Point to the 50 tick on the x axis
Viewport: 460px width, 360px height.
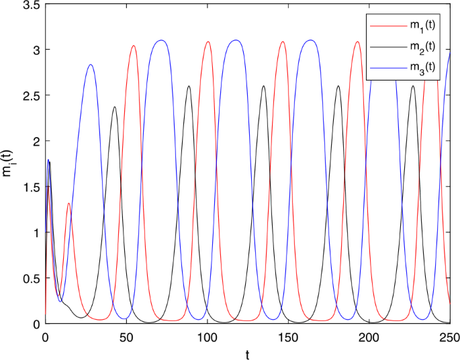coord(126,335)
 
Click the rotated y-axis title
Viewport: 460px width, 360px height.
coord(8,164)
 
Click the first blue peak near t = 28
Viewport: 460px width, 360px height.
coord(91,65)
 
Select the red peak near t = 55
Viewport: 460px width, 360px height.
coord(134,46)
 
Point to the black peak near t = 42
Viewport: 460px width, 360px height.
coord(114,107)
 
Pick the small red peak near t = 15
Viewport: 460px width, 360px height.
coord(69,203)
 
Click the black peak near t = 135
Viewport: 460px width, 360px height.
coord(263,86)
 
